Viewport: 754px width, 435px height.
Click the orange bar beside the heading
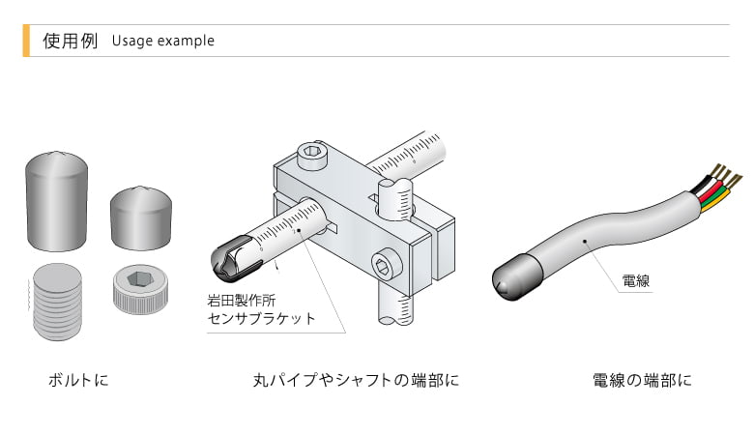(25, 41)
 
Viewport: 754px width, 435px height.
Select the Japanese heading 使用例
(71, 41)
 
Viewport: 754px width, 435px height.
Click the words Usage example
(162, 41)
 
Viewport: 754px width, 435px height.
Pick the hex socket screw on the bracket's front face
(382, 264)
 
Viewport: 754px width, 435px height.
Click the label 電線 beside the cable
(634, 281)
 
